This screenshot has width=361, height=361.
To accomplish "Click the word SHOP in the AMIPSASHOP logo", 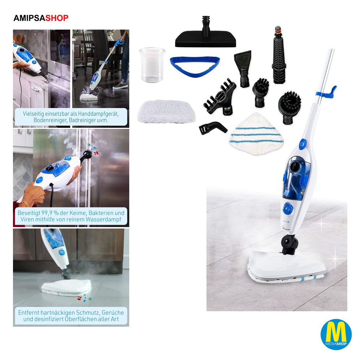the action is (x=57, y=18).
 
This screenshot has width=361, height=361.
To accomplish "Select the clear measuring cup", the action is (x=152, y=65).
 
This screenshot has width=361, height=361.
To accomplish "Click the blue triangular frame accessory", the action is (x=195, y=66).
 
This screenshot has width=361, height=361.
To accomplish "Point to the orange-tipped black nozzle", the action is (x=279, y=55).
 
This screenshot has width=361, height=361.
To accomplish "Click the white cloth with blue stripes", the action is (x=256, y=134).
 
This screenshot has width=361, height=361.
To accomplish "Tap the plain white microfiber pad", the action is (x=166, y=111).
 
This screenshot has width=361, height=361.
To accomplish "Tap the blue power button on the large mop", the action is (x=303, y=144).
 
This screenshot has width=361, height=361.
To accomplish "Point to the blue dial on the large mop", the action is (x=288, y=209).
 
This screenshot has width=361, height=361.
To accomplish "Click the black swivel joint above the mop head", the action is (x=289, y=244).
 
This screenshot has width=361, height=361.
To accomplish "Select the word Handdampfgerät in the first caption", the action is (x=98, y=114).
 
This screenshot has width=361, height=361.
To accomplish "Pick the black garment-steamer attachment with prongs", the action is (x=219, y=97).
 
